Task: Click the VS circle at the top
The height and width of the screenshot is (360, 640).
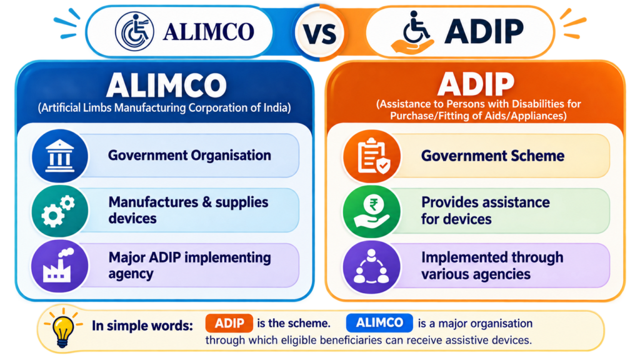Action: pyautogui.click(x=319, y=32)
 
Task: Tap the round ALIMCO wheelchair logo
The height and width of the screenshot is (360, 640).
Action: pyautogui.click(x=134, y=31)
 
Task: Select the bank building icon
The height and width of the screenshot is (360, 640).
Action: pyautogui.click(x=59, y=156)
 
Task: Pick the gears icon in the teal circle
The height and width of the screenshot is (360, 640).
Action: pyautogui.click(x=59, y=211)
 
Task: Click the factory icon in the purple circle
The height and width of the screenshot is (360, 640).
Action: pyautogui.click(x=58, y=266)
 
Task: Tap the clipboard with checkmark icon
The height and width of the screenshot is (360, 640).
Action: pyautogui.click(x=373, y=156)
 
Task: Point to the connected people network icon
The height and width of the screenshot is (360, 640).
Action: pyautogui.click(x=371, y=266)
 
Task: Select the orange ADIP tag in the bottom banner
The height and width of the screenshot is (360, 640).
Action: pyautogui.click(x=229, y=323)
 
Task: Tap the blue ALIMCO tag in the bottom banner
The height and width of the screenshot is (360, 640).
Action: pyautogui.click(x=379, y=323)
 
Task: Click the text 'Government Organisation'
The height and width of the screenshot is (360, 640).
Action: pyautogui.click(x=189, y=156)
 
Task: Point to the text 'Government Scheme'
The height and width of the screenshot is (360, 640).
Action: pyautogui.click(x=492, y=156)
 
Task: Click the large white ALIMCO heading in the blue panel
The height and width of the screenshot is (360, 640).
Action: pyautogui.click(x=166, y=85)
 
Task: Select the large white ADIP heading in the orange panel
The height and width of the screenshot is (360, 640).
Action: pyautogui.click(x=476, y=84)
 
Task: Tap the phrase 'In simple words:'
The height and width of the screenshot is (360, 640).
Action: pyautogui.click(x=142, y=326)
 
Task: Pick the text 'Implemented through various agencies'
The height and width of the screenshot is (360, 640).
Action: pyautogui.click(x=492, y=266)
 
